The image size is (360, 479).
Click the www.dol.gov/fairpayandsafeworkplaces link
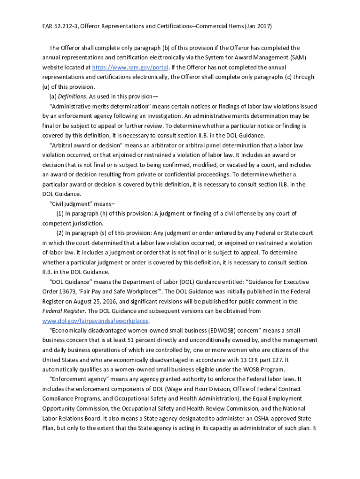(95, 321)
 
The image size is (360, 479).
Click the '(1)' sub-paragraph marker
(60, 214)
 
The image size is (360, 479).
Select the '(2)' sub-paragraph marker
(60, 233)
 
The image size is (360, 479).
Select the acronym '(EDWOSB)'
(225, 331)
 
